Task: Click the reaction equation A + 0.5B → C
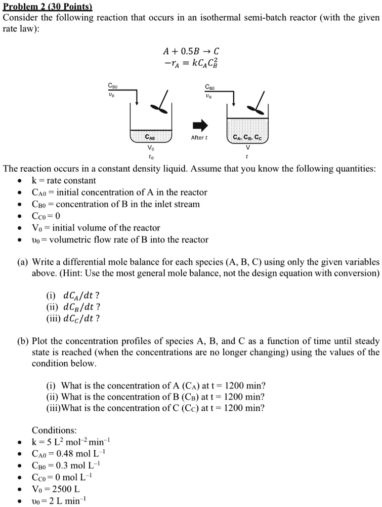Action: [x=191, y=51]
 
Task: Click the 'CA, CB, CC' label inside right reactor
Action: [x=247, y=137]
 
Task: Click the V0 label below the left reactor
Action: [x=150, y=148]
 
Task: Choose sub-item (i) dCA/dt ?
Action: [x=73, y=295]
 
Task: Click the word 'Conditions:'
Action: [x=54, y=430]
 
